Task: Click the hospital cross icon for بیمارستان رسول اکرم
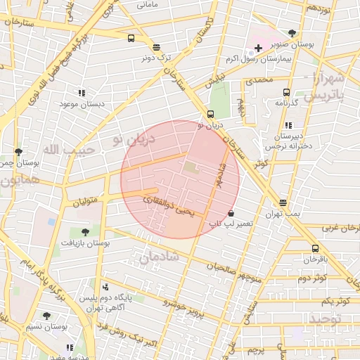tap(258, 48)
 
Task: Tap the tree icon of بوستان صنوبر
tap(292, 32)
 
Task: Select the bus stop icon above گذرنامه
tap(286, 92)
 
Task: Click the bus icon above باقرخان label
tap(315, 248)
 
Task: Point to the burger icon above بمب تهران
tap(283, 202)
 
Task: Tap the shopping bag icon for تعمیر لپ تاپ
tap(231, 213)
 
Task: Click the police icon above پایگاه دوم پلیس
tap(105, 287)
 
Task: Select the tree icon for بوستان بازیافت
tap(85, 232)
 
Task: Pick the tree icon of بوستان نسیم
tap(46, 316)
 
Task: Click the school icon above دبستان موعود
tap(82, 93)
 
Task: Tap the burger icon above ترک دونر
tap(156, 47)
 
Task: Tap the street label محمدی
tap(259, 81)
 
